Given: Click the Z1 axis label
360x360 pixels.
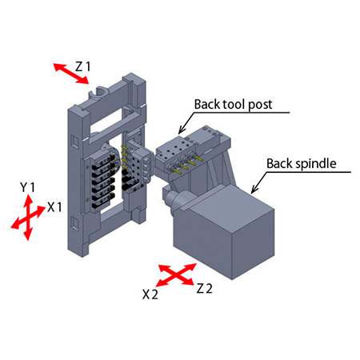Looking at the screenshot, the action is tap(83, 66).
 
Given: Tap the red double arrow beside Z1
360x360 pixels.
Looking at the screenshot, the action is tap(71, 74).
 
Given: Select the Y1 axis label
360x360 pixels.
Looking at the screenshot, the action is tap(27, 188).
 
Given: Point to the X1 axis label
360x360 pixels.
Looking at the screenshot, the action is tap(54, 207).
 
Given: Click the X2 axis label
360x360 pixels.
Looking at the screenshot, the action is tap(150, 294).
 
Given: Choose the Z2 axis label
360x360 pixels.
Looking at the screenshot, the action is tap(204, 289).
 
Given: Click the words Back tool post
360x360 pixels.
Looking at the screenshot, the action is tap(233, 105).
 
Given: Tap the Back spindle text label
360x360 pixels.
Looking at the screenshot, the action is tap(302, 164).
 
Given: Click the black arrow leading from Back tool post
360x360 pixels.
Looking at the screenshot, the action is tap(186, 123).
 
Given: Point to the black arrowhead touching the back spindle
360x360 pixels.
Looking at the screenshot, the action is tap(254, 189).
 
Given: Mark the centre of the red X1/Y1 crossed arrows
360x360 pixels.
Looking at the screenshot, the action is tap(28, 218).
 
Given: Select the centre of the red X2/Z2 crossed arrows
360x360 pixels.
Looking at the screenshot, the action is tap(177, 274).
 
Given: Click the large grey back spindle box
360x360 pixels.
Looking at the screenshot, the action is tap(224, 232).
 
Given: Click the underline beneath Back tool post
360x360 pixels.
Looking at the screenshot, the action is tap(242, 113).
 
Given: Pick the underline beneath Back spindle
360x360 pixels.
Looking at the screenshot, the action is tap(309, 172).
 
